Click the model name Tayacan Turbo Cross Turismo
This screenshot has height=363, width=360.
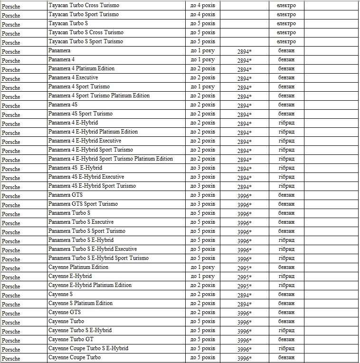click(84, 5)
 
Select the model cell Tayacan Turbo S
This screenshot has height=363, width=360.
click(68, 23)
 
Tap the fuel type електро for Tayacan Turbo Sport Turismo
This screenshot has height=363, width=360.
click(286, 14)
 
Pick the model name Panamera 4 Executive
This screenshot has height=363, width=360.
click(73, 77)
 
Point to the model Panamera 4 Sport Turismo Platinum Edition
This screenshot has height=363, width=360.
click(99, 96)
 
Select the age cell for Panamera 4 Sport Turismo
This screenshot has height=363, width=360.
click(202, 87)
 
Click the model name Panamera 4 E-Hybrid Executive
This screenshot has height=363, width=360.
click(85, 141)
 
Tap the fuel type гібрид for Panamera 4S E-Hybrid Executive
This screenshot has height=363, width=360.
click(286, 177)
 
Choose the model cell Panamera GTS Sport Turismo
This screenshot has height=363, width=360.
click(83, 204)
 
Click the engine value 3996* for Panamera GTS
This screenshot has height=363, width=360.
click(244, 196)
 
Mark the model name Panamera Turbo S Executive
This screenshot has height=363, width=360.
click(81, 222)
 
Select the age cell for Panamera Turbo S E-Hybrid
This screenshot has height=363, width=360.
click(202, 240)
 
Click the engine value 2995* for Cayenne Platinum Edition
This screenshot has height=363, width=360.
click(244, 268)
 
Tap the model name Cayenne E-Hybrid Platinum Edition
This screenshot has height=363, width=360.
click(90, 285)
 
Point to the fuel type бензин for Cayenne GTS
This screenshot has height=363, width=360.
click(286, 312)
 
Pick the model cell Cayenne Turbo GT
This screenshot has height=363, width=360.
click(71, 339)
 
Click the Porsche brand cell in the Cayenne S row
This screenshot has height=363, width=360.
click(11, 295)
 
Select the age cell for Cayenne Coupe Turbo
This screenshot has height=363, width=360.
click(202, 357)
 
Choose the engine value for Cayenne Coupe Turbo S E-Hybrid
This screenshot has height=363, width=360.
click(244, 349)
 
